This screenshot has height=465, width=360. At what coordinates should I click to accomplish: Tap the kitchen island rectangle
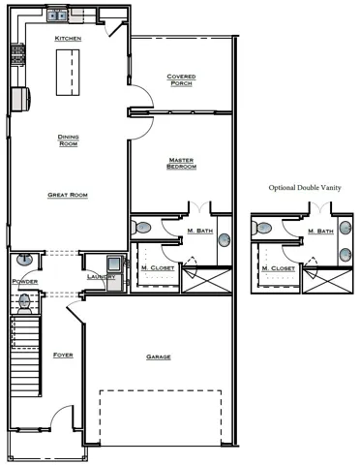click(x=68, y=74)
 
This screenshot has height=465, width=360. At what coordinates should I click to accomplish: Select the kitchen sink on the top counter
click(x=56, y=15)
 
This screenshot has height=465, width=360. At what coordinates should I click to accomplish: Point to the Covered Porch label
click(x=181, y=79)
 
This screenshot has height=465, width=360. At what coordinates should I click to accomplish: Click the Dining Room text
click(x=68, y=140)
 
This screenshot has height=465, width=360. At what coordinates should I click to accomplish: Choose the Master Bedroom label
click(x=182, y=164)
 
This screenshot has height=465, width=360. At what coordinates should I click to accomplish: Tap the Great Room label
click(x=68, y=195)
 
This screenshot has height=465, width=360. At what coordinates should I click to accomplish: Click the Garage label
click(x=158, y=356)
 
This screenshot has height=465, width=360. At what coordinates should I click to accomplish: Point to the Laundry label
click(x=100, y=277)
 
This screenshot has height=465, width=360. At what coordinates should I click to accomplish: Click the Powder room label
click(x=24, y=282)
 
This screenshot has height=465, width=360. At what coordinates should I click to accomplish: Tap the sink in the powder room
click(x=24, y=260)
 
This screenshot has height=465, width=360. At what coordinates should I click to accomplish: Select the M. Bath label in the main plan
click(x=198, y=231)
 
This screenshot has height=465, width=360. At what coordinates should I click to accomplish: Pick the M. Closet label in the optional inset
click(x=277, y=267)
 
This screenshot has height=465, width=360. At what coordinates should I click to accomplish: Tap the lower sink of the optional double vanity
click(x=345, y=255)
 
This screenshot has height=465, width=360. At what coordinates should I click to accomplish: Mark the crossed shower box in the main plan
click(x=208, y=281)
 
